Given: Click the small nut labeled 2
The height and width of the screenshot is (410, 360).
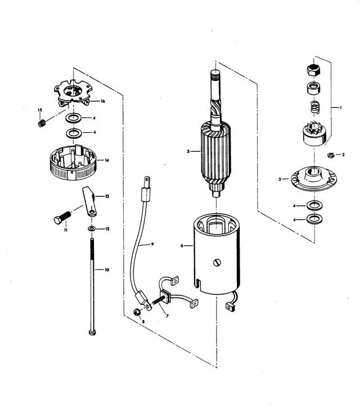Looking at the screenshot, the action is point(330,155).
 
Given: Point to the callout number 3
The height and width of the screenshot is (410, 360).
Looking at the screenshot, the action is point(280,179).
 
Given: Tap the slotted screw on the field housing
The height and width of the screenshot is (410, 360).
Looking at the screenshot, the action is point(217,263).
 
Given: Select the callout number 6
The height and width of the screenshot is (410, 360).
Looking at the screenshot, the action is point(182,246).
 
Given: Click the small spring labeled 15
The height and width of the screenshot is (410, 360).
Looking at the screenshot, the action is point(42,123).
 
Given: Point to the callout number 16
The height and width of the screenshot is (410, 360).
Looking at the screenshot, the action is point(103,101).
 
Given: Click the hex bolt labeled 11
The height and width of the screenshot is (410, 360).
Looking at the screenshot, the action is point(62,218).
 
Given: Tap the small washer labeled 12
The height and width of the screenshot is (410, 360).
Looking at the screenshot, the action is point(91,229).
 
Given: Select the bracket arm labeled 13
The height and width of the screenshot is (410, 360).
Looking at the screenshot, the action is point(89,201).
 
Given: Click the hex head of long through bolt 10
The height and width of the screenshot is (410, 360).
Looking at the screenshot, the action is point(92,332).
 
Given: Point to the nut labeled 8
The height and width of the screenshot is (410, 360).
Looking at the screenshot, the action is point(137,312).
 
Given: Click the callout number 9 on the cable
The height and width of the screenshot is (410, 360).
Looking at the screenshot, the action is point(152,244).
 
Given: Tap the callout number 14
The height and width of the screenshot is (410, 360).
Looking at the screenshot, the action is point(107,160).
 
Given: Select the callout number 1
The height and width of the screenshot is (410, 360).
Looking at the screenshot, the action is point(340,107).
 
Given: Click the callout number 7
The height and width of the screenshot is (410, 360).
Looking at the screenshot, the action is point(167,316).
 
